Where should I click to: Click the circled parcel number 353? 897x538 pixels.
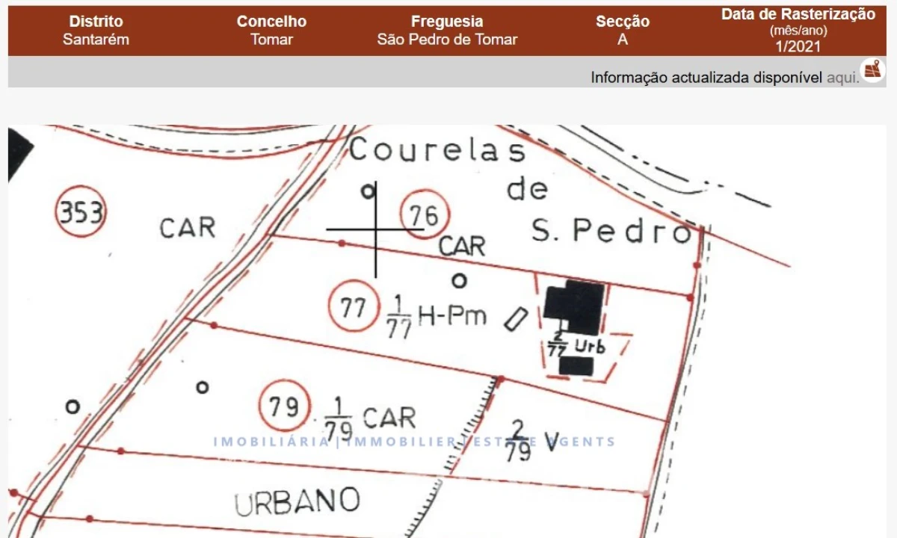pos(81,212)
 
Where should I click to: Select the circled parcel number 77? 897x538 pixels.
pos(352,308)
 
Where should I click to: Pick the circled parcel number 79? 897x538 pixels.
pos(283,406)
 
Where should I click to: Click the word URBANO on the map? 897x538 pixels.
pos(297,501)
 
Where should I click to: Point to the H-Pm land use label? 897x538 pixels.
pos(451,316)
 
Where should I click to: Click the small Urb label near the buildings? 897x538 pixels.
pos(590,347)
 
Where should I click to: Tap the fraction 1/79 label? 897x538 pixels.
pos(339,419)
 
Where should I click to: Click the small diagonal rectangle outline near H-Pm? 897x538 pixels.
pos(515,319)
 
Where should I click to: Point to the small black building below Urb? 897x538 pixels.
pos(576,366)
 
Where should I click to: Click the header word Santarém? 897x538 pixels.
pos(96,40)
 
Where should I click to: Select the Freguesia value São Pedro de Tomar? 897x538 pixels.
pos(447,40)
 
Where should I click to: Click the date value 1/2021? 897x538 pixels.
pos(798,46)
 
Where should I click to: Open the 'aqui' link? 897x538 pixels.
pos(842,78)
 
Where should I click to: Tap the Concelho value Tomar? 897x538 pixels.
pos(271,40)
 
